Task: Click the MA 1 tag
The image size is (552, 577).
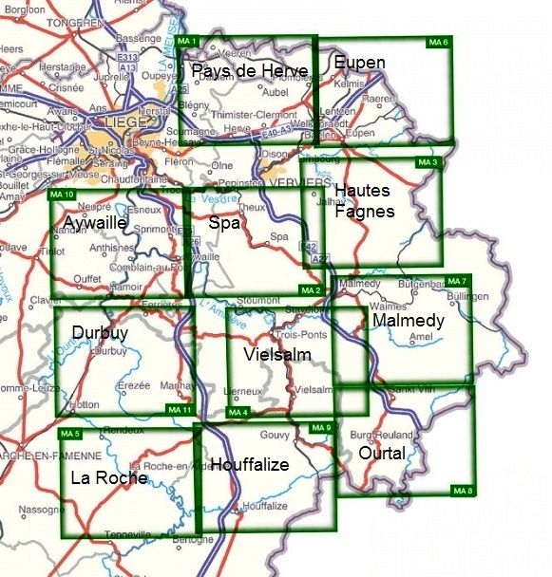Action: (187, 43)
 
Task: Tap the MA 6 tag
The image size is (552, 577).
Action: (437, 43)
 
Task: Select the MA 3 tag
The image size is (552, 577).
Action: (428, 163)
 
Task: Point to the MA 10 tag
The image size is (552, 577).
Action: (60, 195)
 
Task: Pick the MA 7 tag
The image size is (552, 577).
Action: (458, 282)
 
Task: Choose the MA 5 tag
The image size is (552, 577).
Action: (69, 434)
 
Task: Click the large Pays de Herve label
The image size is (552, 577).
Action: (249, 72)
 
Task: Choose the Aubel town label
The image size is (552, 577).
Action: (274, 92)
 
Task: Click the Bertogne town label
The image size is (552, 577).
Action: (196, 540)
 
